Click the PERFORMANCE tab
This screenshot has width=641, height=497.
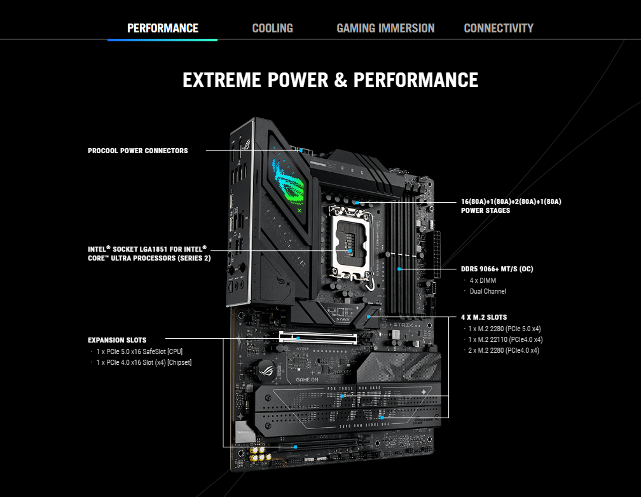click(x=163, y=28)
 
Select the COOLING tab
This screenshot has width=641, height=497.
click(x=273, y=28)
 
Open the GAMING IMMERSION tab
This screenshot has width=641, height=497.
click(x=385, y=28)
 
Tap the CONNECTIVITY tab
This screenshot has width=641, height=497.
click(x=499, y=28)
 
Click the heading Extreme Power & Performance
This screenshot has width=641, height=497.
click(x=330, y=79)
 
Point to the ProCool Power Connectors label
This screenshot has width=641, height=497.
click(x=138, y=151)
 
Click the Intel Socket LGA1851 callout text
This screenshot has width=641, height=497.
click(x=149, y=254)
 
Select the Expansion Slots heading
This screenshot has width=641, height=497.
click(x=117, y=340)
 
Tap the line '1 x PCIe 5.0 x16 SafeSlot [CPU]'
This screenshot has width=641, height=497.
click(x=139, y=351)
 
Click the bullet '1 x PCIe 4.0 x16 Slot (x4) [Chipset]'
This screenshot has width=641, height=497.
click(x=144, y=362)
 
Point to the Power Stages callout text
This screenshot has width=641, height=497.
click(x=511, y=206)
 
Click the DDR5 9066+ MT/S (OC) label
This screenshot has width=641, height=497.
click(x=497, y=269)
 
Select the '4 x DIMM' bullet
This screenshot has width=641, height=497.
click(x=483, y=280)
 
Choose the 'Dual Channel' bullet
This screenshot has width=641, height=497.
click(x=488, y=292)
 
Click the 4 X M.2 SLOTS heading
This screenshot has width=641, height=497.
click(x=484, y=317)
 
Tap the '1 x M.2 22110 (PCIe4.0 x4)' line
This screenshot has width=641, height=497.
click(x=506, y=339)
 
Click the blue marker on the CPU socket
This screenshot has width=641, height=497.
click(x=350, y=250)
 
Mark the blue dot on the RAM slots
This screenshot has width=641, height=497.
click(x=399, y=269)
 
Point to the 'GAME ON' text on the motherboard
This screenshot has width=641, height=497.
click(x=307, y=379)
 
